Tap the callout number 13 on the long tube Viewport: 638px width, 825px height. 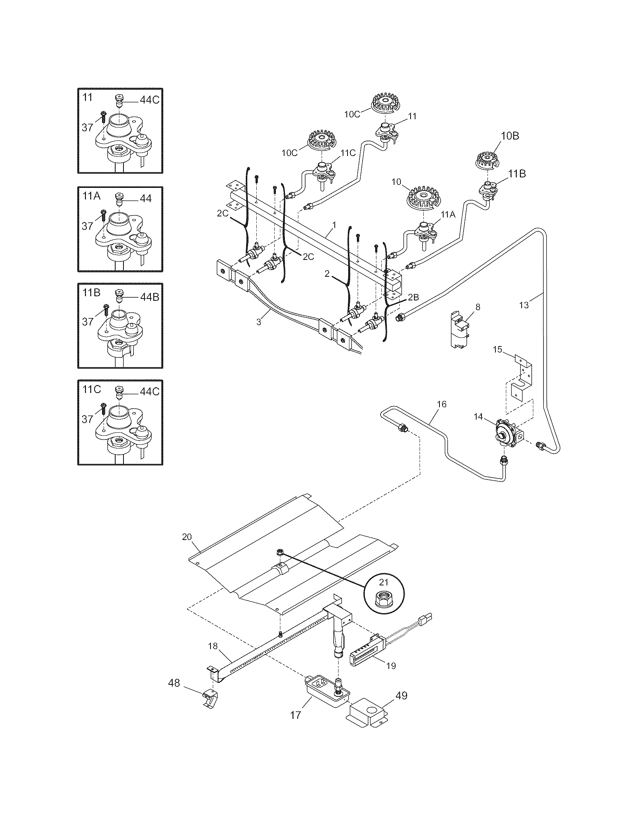point(524,305)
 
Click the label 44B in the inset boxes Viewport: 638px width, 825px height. point(150,297)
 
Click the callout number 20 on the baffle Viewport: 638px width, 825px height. point(187,537)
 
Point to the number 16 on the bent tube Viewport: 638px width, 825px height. point(441,405)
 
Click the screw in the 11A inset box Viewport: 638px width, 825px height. point(104,216)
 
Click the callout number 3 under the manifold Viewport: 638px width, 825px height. point(259,322)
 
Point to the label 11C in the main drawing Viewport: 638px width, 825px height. point(348,153)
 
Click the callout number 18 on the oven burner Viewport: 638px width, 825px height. point(213,646)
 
